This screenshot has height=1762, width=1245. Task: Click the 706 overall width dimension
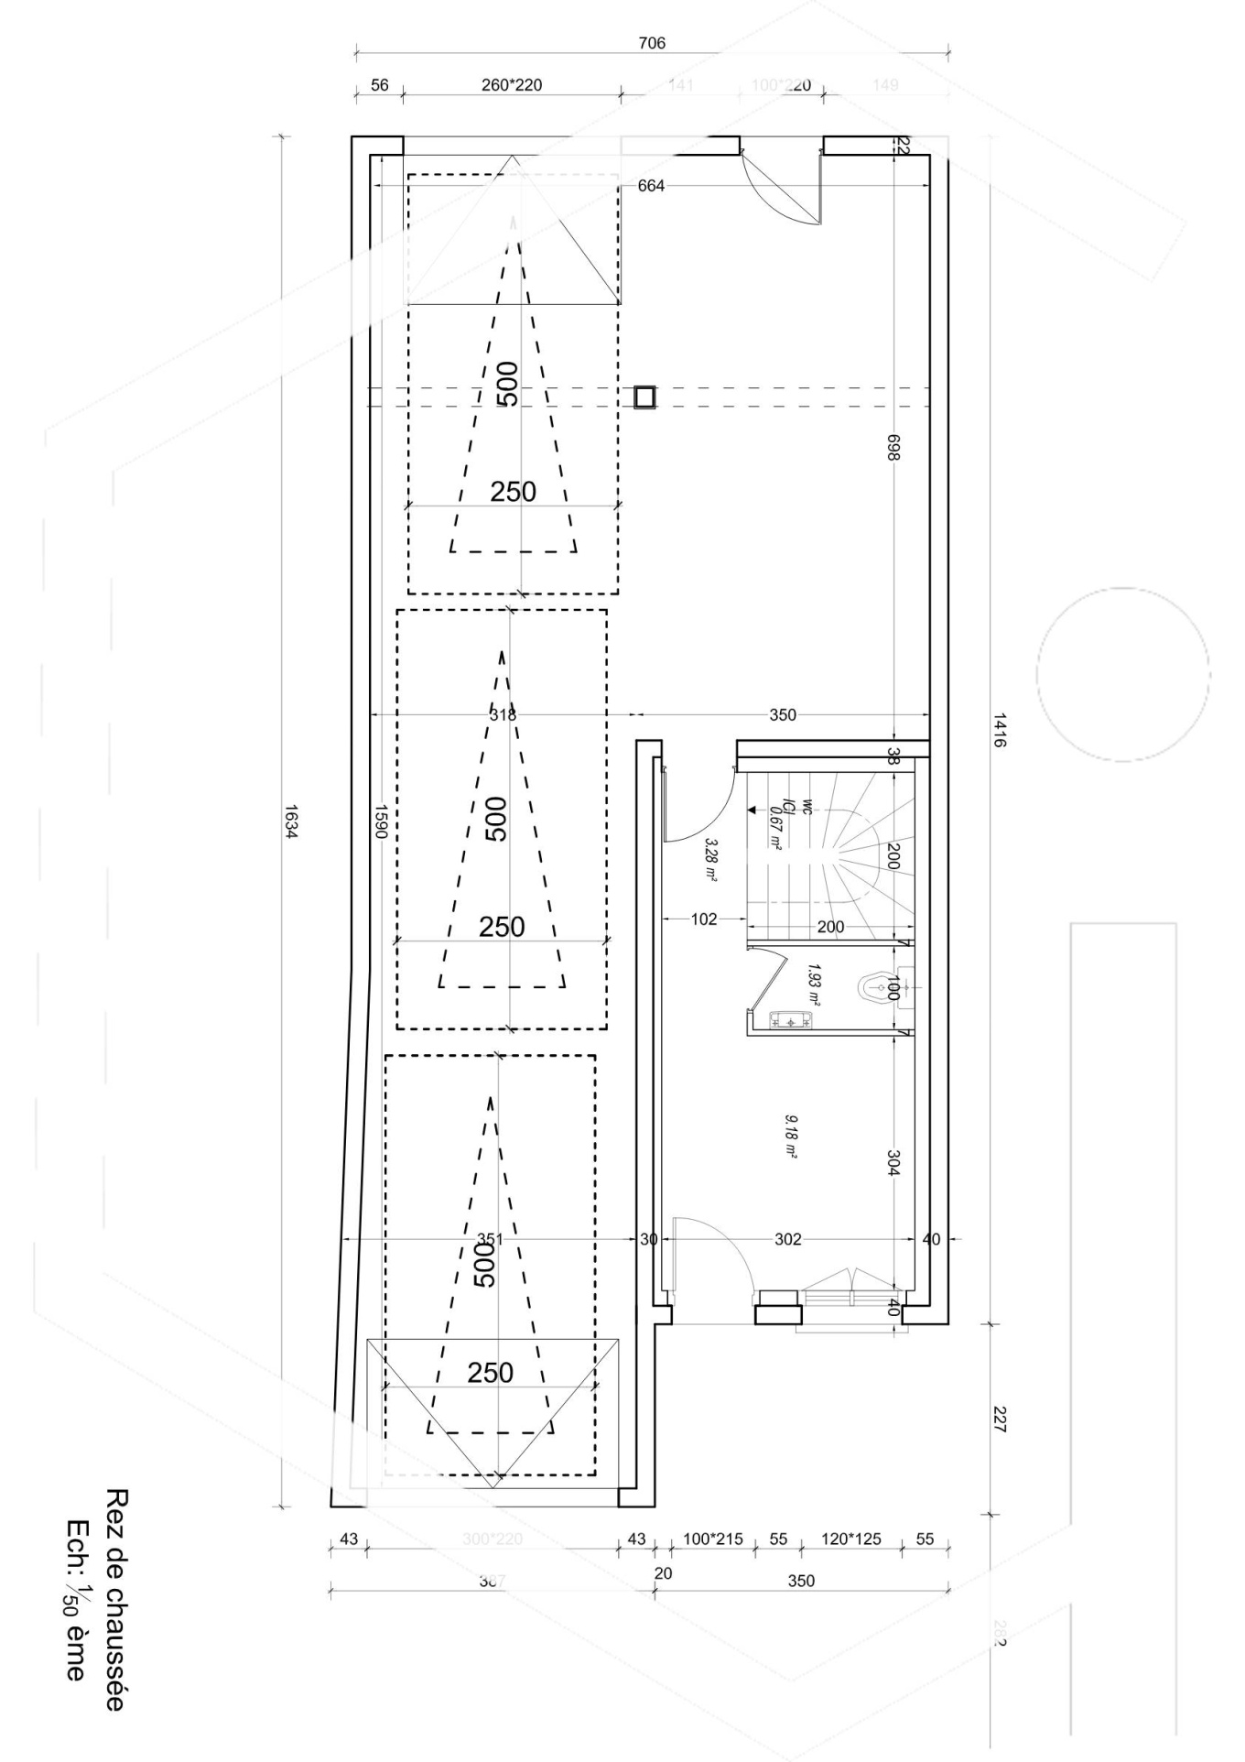(x=651, y=43)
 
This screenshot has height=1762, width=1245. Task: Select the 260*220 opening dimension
(x=511, y=85)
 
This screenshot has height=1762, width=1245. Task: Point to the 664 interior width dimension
(x=651, y=186)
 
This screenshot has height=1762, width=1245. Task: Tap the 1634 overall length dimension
(x=290, y=821)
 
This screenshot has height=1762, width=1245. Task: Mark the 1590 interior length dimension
(x=381, y=821)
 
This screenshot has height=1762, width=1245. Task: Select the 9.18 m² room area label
(x=790, y=1137)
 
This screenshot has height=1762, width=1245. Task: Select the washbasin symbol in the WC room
(x=793, y=1018)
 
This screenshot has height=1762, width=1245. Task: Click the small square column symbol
(x=644, y=396)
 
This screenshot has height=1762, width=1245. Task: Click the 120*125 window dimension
(x=850, y=1539)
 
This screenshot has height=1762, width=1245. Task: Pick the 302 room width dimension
(x=787, y=1239)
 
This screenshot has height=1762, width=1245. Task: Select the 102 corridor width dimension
(x=703, y=919)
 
